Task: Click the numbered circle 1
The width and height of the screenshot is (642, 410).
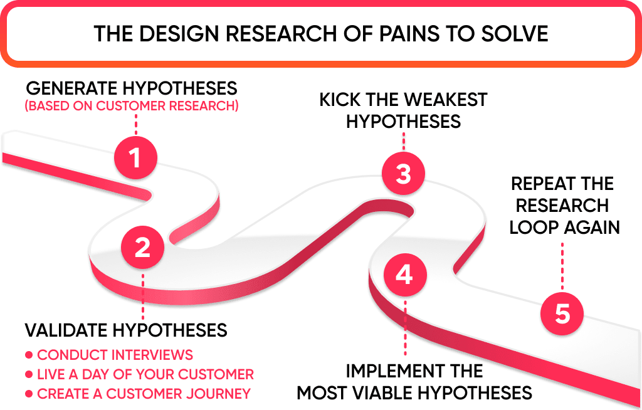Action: click(x=135, y=158)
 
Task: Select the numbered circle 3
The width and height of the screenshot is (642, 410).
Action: click(x=403, y=173)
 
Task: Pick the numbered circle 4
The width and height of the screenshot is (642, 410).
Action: click(x=404, y=275)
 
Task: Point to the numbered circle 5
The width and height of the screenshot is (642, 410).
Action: click(x=562, y=313)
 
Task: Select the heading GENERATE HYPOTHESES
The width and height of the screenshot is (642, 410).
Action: click(x=132, y=88)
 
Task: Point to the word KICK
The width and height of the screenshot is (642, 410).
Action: click(x=344, y=100)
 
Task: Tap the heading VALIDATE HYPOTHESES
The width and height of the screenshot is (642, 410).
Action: click(x=126, y=330)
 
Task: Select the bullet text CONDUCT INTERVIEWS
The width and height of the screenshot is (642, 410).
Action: click(x=115, y=355)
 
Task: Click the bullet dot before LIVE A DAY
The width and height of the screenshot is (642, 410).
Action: click(x=29, y=375)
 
